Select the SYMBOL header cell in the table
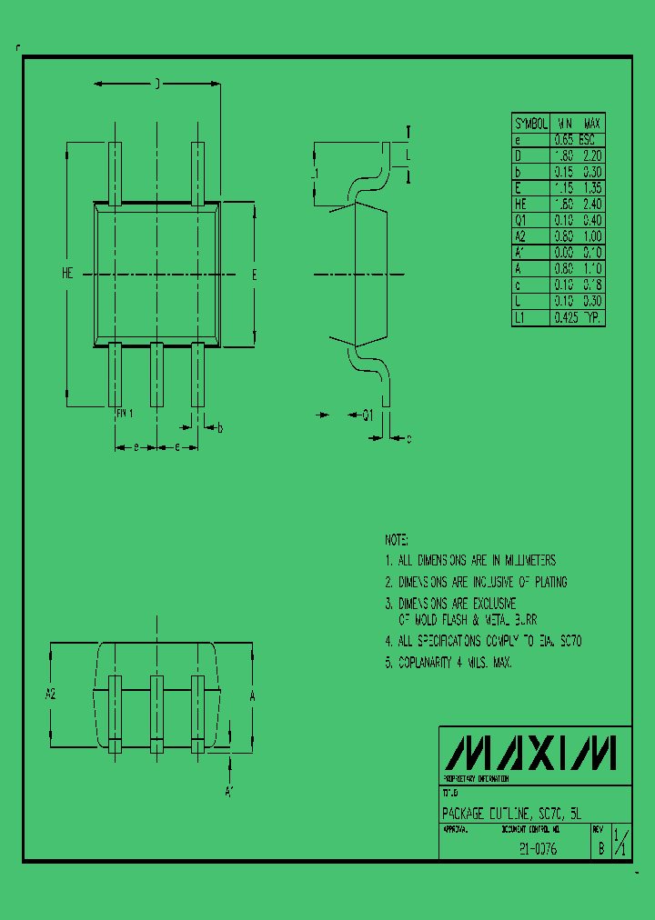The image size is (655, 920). coord(531,124)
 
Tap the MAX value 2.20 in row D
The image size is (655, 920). coord(592,156)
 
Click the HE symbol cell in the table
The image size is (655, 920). coord(520,205)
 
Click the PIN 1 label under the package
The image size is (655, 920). coord(125,413)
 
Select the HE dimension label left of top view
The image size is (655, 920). coord(67,273)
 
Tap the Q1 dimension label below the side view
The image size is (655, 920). coord(368,415)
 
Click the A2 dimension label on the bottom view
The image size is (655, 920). coord(51,695)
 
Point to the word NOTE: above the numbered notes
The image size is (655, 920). coord(397,539)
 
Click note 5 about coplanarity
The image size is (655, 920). coord(448,663)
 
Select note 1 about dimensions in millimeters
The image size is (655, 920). coord(470,561)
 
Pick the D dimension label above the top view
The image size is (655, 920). coord(156,85)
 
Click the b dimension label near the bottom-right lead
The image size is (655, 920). coord(219,427)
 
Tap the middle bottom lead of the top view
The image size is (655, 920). coord(156,374)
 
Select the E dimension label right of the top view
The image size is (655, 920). coord(255,274)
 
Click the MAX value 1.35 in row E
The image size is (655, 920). coord(592,188)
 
